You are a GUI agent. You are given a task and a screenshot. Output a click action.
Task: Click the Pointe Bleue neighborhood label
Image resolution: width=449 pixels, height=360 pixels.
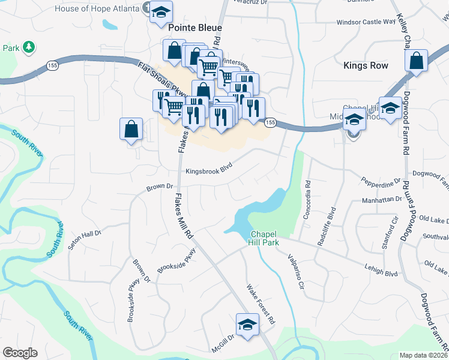(x=195, y=28)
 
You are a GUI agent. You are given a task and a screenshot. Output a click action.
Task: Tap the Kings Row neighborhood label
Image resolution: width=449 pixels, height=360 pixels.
(x=366, y=65)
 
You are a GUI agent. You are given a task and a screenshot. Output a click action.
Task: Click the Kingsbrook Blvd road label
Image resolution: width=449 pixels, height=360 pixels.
(x=209, y=170)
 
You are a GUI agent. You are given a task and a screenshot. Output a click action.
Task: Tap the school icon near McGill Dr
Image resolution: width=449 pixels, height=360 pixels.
(x=246, y=325)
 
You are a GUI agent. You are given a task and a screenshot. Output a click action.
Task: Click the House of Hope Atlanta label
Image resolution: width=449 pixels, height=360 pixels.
(x=97, y=8)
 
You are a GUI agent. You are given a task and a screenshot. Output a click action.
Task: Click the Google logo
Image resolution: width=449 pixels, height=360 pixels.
(x=20, y=353)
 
